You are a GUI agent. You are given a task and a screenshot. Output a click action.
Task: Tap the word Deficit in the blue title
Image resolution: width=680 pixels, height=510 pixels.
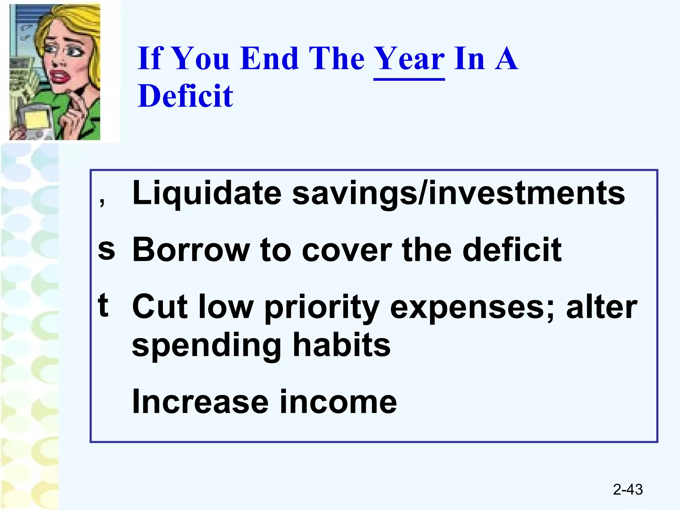coord(186,96)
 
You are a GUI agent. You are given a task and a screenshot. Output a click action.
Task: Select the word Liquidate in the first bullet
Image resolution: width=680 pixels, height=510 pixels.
coord(207,193)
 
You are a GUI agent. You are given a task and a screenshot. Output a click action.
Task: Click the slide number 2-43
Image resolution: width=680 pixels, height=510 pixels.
coord(628,490)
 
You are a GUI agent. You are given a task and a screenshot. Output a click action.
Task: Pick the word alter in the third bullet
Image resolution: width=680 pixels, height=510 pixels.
coord(601,307)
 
